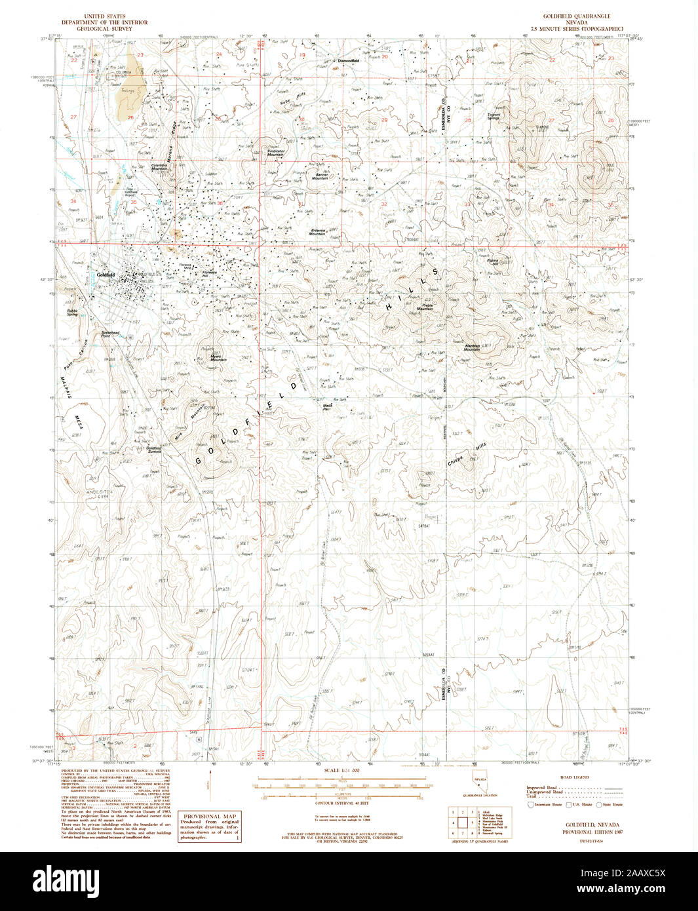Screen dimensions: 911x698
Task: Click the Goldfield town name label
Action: (x=105, y=275)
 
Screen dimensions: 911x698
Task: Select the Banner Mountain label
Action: (x=319, y=176)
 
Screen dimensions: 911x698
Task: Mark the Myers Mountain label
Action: (x=218, y=358)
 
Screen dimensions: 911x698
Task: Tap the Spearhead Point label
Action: (x=110, y=334)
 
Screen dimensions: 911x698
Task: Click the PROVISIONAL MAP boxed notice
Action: (x=210, y=826)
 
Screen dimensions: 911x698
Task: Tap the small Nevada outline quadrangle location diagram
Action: (x=480, y=786)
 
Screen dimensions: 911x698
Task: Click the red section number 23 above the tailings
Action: (x=140, y=55)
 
